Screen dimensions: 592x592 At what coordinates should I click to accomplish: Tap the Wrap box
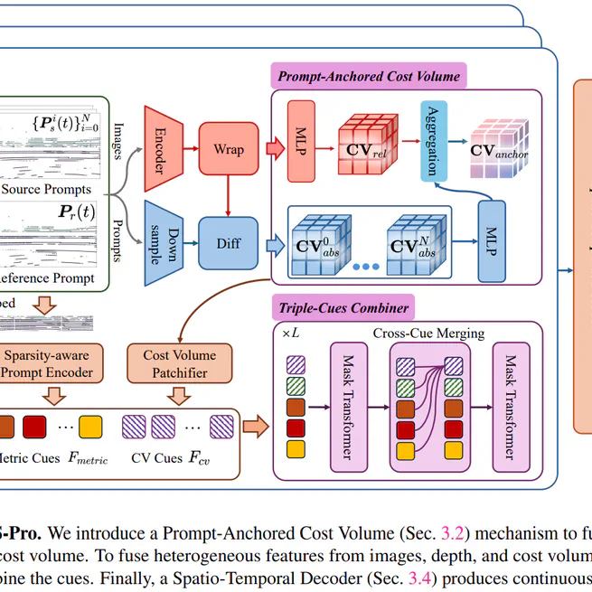229,149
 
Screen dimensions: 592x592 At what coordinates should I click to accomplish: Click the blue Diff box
228,242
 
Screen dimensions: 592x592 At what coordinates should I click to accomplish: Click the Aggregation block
434,139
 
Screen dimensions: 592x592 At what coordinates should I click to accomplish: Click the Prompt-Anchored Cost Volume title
369,76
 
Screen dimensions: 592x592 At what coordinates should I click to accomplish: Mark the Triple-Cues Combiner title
343,307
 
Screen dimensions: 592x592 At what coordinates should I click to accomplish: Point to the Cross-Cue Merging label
428,334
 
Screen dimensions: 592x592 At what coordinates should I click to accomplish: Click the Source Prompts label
45,189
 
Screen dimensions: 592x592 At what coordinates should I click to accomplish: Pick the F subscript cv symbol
198,458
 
